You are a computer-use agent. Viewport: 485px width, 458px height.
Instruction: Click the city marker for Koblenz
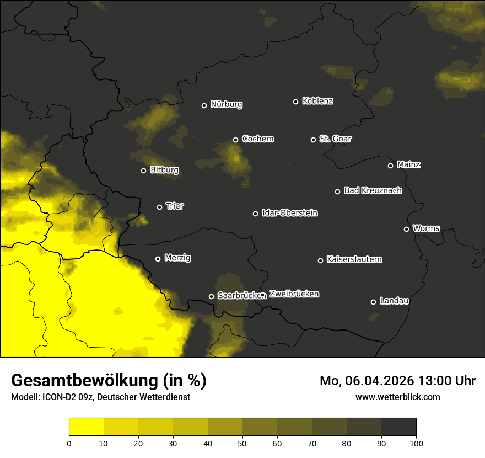click(x=295, y=102)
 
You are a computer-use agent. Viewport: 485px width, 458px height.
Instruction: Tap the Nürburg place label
click(x=226, y=105)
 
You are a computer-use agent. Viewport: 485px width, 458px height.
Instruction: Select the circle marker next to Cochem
click(x=235, y=140)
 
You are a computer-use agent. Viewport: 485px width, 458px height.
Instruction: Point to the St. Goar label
click(x=335, y=139)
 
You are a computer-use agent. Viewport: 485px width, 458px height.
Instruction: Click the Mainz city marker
click(x=390, y=166)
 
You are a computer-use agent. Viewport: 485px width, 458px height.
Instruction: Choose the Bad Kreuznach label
click(x=373, y=191)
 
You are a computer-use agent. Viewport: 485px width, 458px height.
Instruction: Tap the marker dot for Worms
click(x=406, y=229)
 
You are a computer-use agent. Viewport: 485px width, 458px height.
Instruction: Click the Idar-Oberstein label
click(x=289, y=213)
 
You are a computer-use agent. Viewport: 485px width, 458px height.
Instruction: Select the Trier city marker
click(x=160, y=207)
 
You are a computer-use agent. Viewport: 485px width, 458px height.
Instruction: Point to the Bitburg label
click(x=164, y=170)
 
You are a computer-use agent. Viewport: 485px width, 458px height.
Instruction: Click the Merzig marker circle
click(x=158, y=259)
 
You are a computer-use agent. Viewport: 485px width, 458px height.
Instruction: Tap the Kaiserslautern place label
click(x=354, y=259)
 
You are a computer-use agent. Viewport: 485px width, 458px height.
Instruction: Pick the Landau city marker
click(x=373, y=302)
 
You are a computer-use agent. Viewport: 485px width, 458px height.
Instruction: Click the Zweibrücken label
click(x=294, y=294)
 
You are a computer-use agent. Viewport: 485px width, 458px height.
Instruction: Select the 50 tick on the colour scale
click(x=242, y=443)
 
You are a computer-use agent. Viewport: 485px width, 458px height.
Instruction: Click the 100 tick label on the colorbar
click(x=416, y=443)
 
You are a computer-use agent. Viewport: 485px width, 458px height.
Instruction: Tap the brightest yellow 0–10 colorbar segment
click(x=86, y=427)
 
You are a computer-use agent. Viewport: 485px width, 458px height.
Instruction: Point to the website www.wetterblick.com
click(x=397, y=397)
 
